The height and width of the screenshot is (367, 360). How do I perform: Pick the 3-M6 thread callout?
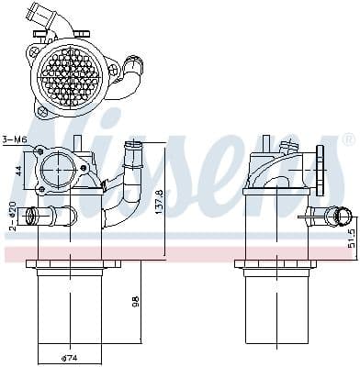pos(13,139)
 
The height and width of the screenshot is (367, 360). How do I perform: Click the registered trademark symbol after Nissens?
pos(347,139)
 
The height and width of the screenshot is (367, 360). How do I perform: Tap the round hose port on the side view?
pos(343,217)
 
